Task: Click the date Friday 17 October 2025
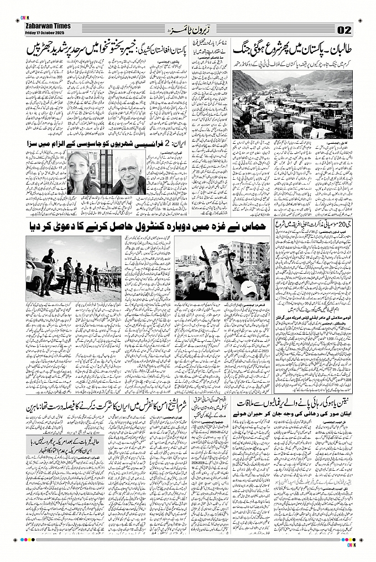(45, 31)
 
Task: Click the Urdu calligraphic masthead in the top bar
(188, 28)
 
